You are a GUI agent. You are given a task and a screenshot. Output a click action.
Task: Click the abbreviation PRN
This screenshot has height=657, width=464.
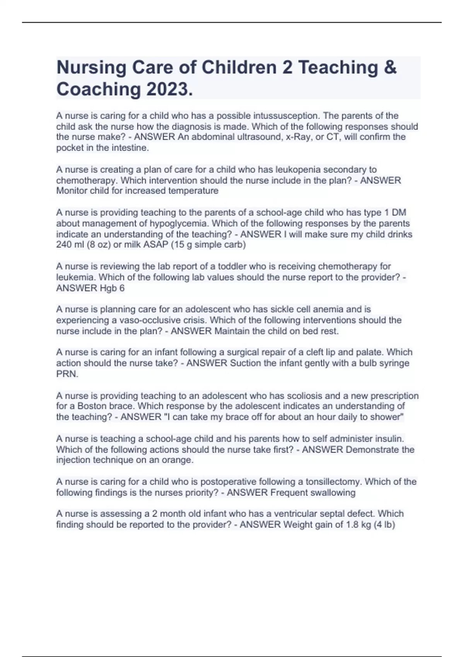[67, 374]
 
